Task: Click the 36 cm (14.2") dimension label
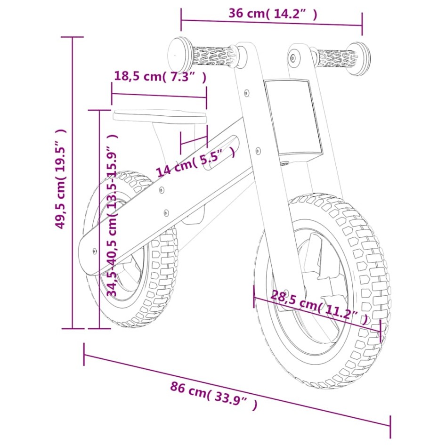pyautogui.click(x=273, y=13)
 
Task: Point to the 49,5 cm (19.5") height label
pyautogui.click(x=60, y=179)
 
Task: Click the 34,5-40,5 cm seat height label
pyautogui.click(x=112, y=214)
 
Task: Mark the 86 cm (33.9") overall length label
pyautogui.click(x=213, y=396)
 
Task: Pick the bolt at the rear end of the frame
pyautogui.click(x=95, y=251)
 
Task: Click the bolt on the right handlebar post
pyautogui.click(x=294, y=58)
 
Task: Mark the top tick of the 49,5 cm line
pyautogui.click(x=72, y=37)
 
